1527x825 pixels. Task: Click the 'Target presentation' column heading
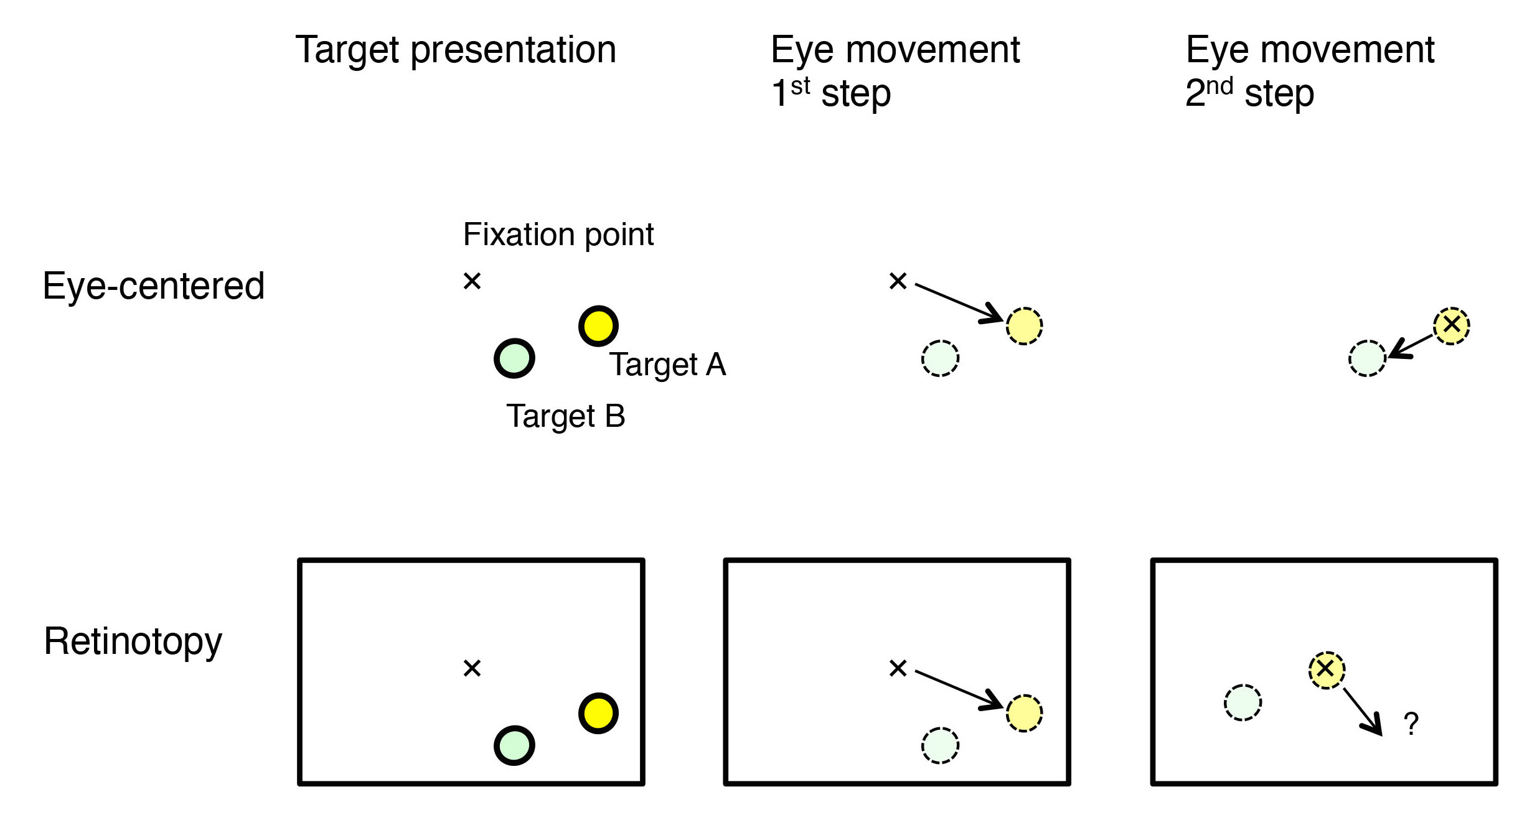456,50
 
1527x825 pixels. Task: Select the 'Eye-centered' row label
154,286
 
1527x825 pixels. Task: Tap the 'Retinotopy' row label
133,641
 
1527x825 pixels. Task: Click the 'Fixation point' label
558,235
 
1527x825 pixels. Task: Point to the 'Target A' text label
667,364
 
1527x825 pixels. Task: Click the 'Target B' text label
566,416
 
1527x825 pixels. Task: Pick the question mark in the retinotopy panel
1411,724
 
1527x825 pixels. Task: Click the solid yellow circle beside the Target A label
598,326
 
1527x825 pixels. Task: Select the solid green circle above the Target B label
514,358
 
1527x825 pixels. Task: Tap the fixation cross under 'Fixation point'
472,281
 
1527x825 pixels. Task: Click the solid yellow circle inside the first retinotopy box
598,713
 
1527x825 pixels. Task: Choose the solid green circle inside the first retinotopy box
514,745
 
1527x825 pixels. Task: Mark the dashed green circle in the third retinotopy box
1243,703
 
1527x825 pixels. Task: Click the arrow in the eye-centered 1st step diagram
959,303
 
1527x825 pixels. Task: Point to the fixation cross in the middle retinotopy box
898,668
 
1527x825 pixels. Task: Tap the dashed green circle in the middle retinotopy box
940,745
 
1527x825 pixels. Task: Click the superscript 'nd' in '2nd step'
1219,86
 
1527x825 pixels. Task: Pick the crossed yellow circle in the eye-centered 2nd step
1452,325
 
